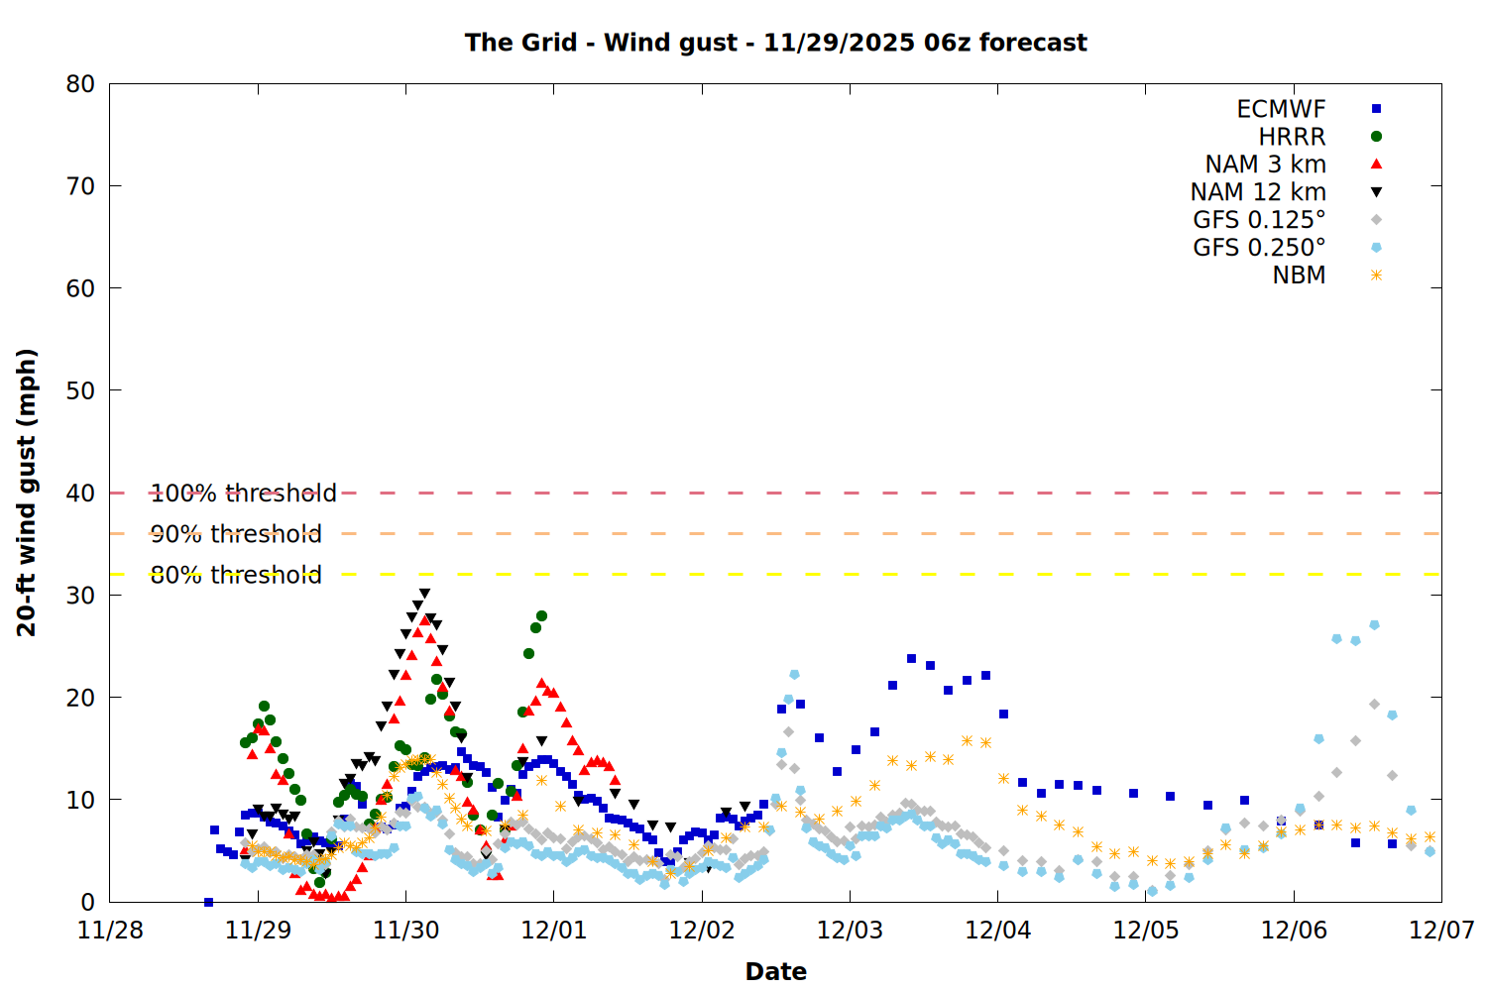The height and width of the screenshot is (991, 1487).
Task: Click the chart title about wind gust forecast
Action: pos(775,43)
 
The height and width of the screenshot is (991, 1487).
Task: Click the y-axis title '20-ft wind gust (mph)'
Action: pos(27,493)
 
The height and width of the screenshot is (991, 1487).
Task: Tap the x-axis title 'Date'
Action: pos(775,971)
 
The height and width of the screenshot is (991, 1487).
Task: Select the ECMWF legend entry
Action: pos(1281,109)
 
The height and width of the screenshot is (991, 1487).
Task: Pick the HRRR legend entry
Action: pos(1292,137)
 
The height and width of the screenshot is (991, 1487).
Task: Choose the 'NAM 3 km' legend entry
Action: pos(1265,165)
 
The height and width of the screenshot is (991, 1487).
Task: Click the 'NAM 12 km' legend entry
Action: pos(1258,192)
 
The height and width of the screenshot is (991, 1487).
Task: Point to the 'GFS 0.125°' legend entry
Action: pos(1259,220)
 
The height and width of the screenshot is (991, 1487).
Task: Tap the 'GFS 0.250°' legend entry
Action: pos(1259,248)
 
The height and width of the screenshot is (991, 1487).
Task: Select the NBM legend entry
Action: pos(1299,275)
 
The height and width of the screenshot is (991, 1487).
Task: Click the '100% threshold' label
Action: pos(243,493)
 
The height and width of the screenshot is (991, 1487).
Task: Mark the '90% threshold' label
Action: pos(236,534)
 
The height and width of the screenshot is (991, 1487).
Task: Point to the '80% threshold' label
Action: pos(236,575)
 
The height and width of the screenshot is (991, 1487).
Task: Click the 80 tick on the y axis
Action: pos(80,84)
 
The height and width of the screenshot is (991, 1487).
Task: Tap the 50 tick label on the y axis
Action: pos(80,390)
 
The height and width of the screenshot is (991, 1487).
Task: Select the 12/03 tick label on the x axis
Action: pos(850,931)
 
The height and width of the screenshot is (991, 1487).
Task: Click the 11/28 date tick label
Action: pos(110,931)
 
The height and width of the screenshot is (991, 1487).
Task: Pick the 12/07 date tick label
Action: pos(1441,931)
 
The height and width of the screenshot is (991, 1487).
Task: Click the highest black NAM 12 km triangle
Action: pos(424,594)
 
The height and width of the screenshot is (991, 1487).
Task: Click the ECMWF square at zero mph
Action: pos(208,902)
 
